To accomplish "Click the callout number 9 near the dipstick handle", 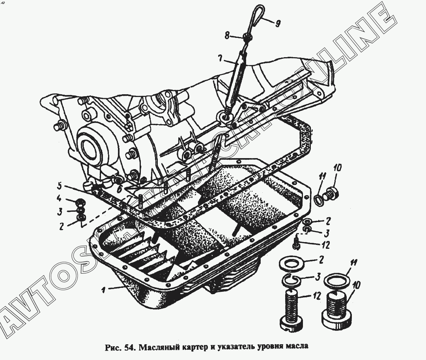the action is click(278, 24).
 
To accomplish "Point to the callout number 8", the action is click(228, 35).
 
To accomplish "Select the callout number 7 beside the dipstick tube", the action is click(220, 59).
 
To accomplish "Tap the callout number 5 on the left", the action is click(60, 187).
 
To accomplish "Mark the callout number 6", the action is click(119, 189).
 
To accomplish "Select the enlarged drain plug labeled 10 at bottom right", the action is click(336, 308).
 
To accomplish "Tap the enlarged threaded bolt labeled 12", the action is click(291, 309).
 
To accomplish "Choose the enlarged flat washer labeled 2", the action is click(290, 263).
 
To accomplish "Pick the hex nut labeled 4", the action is click(80, 202).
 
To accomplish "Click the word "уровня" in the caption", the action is click(270, 347).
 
